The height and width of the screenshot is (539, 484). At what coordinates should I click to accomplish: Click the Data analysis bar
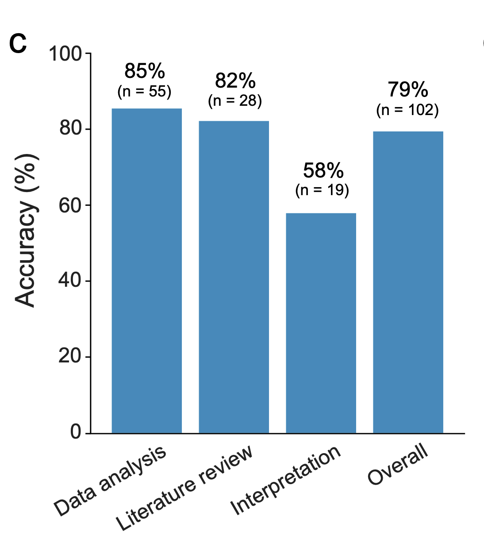(146, 270)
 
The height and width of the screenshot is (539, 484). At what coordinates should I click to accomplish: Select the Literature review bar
(234, 277)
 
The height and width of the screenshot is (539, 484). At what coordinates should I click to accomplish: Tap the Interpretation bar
(321, 323)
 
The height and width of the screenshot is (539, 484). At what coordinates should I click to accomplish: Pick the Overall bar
(408, 282)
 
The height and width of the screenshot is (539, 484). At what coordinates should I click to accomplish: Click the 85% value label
(145, 71)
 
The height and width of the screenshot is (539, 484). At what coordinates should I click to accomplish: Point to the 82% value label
(235, 81)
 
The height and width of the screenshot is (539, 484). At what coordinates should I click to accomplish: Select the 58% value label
(323, 170)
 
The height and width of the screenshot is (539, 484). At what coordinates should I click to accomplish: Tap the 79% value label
(408, 90)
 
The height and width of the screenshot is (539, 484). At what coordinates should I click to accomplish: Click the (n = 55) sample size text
(144, 92)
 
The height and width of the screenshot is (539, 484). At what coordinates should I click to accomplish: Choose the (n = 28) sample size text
(235, 101)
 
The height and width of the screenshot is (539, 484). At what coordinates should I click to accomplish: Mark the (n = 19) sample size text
(322, 190)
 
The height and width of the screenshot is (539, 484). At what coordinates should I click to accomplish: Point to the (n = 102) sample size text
(407, 110)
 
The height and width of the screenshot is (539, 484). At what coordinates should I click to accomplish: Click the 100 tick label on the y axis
(65, 54)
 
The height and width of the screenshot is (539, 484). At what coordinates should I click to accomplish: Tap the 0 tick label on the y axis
(76, 432)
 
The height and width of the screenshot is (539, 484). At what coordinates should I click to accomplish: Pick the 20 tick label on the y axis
(70, 357)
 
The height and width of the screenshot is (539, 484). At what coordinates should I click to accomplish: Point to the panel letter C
(18, 44)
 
